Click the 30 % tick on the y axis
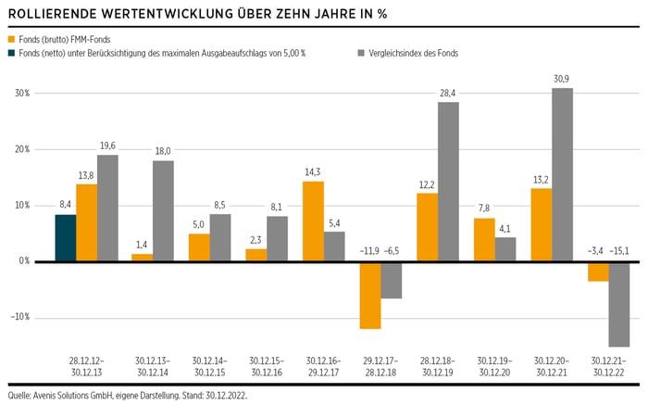(x=21, y=94)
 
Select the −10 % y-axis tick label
(x=19, y=317)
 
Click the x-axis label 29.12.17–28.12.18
(x=380, y=365)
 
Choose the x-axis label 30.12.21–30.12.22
(x=607, y=365)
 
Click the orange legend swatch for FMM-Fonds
(x=12, y=40)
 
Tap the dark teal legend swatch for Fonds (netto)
(x=12, y=53)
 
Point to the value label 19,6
(x=108, y=145)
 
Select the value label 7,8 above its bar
(x=484, y=209)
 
